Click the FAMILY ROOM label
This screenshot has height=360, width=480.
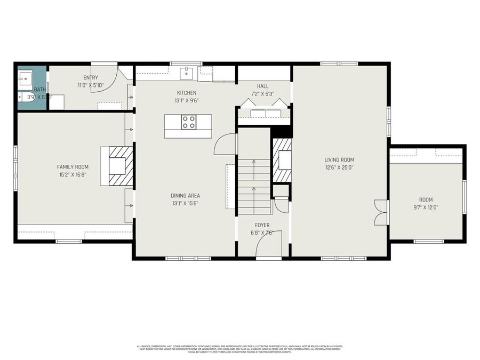73,167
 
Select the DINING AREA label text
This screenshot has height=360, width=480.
185,196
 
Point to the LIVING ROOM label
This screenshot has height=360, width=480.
339,159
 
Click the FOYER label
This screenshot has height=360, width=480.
262,225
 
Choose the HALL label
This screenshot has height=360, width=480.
262,86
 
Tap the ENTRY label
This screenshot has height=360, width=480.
91,78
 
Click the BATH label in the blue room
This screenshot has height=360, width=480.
39,90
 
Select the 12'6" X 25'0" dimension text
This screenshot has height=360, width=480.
339,167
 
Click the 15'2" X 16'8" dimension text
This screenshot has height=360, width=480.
73,174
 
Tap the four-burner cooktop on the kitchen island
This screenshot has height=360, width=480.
189,122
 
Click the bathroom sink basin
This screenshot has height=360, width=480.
24,80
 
